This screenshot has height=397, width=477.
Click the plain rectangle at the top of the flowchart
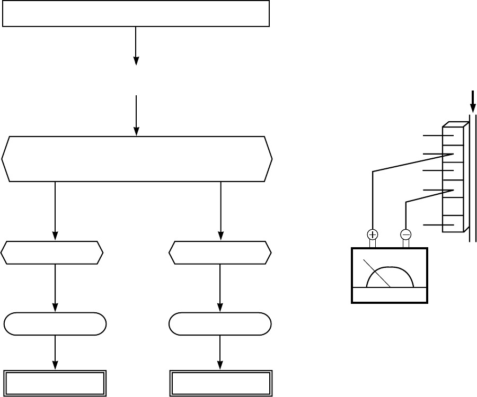[x=136, y=14]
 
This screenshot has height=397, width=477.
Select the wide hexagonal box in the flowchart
[x=137, y=159]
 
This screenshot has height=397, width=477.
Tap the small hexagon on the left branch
[x=52, y=252]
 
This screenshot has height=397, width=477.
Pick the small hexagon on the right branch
[x=220, y=252]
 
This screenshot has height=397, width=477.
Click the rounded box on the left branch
[x=55, y=324]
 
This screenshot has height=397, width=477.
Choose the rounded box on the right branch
[x=220, y=324]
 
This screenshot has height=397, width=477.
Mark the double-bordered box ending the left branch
[x=55, y=383]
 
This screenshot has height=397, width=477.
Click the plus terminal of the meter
[x=373, y=234]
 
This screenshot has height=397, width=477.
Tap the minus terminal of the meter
[x=406, y=234]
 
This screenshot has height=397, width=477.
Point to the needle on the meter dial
[x=377, y=273]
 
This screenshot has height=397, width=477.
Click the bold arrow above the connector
[x=473, y=101]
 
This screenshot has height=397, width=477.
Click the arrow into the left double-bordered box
[x=55, y=352]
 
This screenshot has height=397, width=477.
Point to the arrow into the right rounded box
[x=220, y=288]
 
